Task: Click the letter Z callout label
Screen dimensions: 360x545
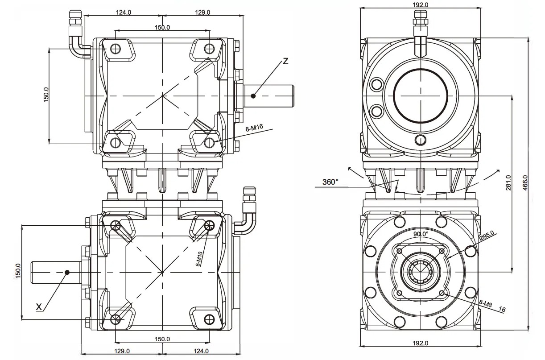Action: (285, 61)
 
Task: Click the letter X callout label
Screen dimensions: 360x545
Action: (39, 306)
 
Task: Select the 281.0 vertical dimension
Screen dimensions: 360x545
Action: (508, 182)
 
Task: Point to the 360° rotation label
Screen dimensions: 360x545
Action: (330, 182)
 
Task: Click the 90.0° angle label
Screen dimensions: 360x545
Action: (420, 234)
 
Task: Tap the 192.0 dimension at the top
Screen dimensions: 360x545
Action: (420, 4)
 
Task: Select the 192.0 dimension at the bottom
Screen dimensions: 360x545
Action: (420, 343)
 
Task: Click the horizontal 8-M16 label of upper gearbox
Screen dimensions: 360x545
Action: (255, 128)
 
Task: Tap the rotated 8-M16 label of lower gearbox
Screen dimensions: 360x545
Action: (199, 259)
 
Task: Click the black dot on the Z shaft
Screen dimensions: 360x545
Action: (253, 95)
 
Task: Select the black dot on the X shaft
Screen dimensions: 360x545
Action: (66, 272)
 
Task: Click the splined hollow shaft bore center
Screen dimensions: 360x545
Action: (421, 271)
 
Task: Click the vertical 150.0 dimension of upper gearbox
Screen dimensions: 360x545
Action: (46, 95)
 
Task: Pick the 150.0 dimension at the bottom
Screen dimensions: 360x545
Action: (162, 339)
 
